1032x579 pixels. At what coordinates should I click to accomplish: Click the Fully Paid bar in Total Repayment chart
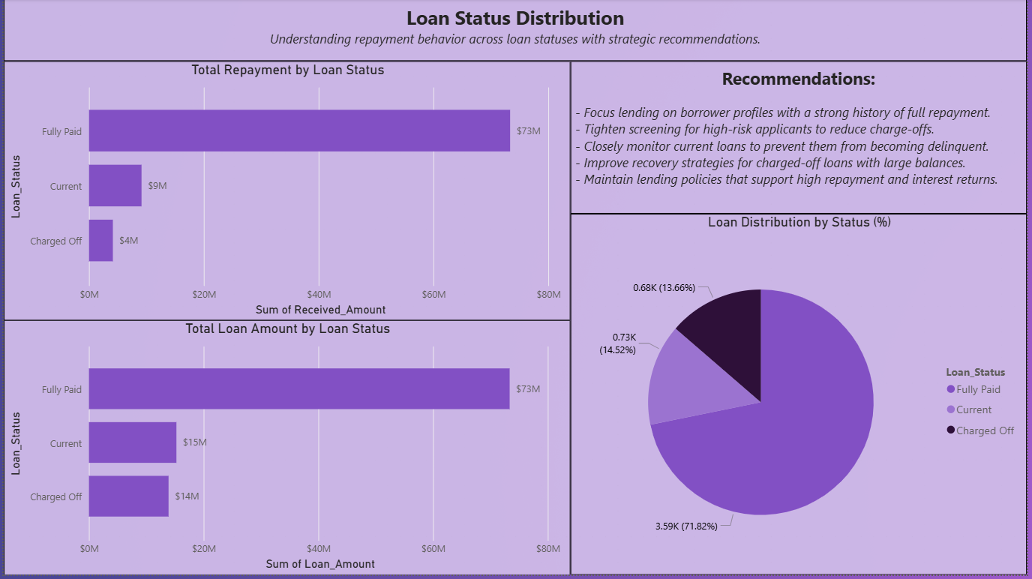pyautogui.click(x=299, y=130)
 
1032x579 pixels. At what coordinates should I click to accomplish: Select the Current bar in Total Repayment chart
pyautogui.click(x=115, y=185)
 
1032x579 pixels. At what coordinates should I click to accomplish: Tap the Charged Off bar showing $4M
pyautogui.click(x=100, y=240)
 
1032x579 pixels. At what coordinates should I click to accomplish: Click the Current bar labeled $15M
pyautogui.click(x=132, y=442)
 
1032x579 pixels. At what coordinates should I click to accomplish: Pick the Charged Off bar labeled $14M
pyautogui.click(x=128, y=496)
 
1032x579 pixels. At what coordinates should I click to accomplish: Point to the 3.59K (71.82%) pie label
pyautogui.click(x=686, y=526)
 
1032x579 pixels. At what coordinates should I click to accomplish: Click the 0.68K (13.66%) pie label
pyautogui.click(x=664, y=288)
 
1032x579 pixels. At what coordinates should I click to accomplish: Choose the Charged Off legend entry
pyautogui.click(x=985, y=430)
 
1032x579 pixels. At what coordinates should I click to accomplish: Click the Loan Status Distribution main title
pyautogui.click(x=514, y=18)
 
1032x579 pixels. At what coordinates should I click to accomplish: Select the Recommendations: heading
pyautogui.click(x=798, y=79)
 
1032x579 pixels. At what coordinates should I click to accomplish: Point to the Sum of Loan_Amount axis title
pyautogui.click(x=320, y=563)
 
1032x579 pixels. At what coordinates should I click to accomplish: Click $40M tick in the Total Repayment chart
pyautogui.click(x=319, y=294)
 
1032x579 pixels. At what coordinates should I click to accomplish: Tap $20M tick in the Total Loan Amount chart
pyautogui.click(x=204, y=548)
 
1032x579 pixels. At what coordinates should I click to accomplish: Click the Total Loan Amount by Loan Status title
pyautogui.click(x=287, y=328)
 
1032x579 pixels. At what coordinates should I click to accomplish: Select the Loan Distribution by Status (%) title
pyautogui.click(x=799, y=222)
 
